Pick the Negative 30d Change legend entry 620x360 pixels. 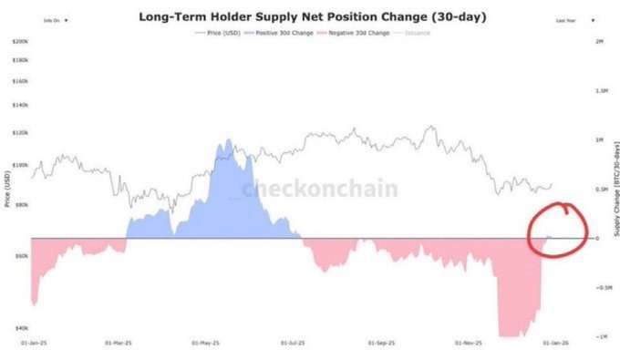(x=356, y=32)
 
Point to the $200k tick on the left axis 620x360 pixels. (x=19, y=42)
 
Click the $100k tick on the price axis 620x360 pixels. (x=19, y=166)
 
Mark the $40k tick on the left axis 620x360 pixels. (x=20, y=327)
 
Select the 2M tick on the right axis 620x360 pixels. (x=599, y=42)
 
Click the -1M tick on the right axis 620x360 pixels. (x=600, y=336)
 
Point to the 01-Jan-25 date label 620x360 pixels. (x=33, y=345)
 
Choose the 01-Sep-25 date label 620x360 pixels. (x=381, y=345)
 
